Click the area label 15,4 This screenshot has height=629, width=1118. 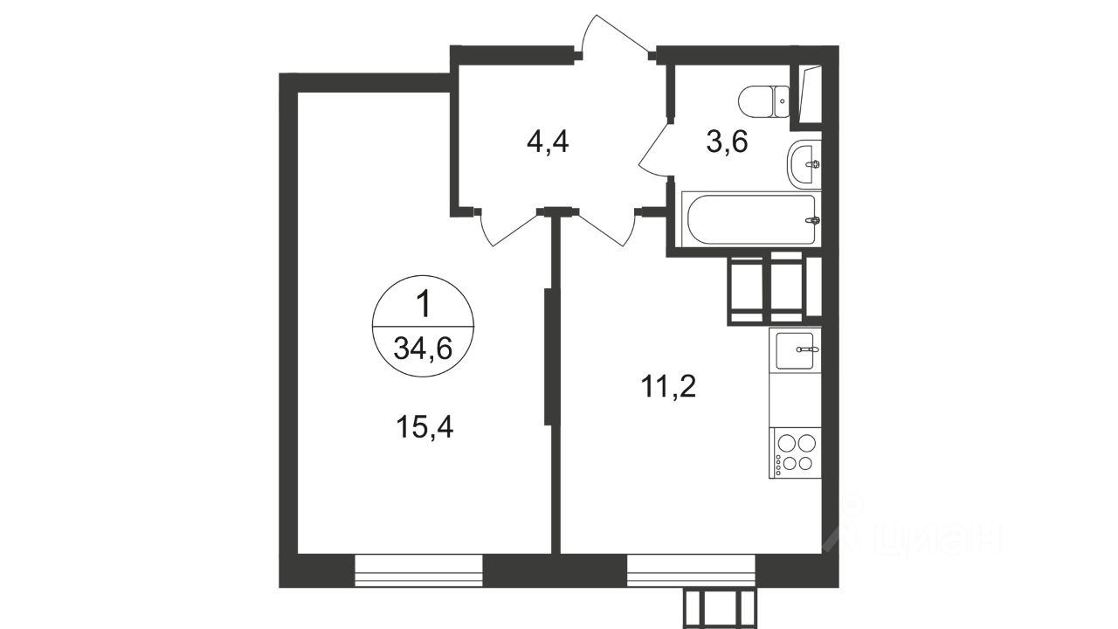coord(424,428)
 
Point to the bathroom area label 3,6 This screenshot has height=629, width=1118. coord(727,142)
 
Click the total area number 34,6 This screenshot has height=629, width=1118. coord(423,348)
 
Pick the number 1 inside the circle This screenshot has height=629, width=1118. coord(424,305)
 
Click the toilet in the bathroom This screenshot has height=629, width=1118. coord(763,102)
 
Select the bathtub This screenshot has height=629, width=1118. coord(751,219)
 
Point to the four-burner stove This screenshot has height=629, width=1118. coord(795,453)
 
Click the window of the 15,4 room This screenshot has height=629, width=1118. coord(418,570)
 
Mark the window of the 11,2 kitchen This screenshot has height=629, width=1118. coord(691,570)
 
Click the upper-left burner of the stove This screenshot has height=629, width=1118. coord(787,443)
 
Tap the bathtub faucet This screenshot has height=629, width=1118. coord(814,220)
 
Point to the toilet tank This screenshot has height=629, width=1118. coord(781,102)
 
